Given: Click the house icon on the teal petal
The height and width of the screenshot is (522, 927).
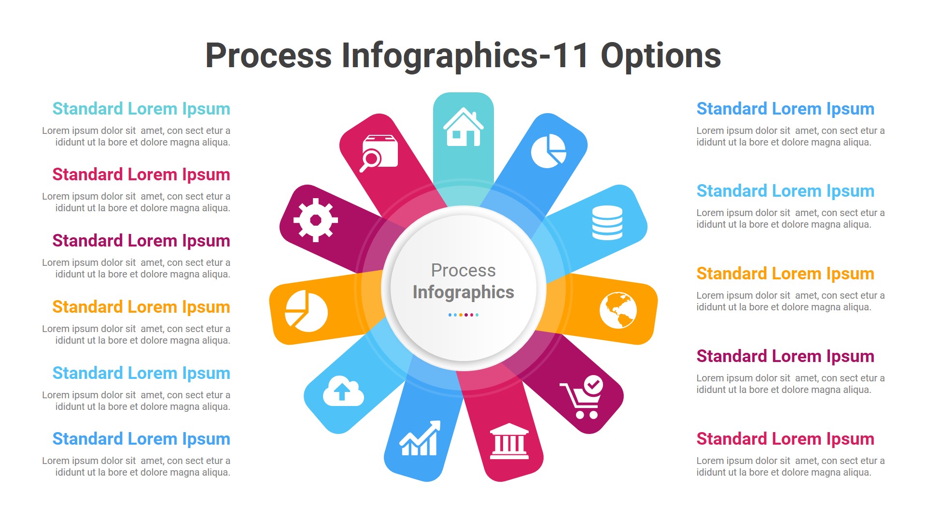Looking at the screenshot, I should point(463,127).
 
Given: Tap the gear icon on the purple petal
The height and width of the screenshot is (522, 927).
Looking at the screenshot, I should point(316,220).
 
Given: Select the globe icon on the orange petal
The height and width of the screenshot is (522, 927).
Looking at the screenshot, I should point(618,310).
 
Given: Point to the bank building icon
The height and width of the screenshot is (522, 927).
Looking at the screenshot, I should point(509,441).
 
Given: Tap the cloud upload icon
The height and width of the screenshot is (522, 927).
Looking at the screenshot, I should point(343,391).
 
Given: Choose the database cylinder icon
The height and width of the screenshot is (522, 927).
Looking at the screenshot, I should point(607,223).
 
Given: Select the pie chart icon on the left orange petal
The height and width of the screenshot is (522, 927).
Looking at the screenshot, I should point(306,311).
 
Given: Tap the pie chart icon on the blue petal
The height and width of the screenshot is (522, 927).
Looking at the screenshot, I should point(548,151).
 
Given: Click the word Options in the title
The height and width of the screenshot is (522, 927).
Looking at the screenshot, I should point(660,56).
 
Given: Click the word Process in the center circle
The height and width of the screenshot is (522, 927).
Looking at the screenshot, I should point(463,270).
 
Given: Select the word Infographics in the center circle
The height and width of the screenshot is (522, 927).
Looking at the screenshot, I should point(463,292).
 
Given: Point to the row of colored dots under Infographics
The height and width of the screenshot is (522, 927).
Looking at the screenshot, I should point(463,315).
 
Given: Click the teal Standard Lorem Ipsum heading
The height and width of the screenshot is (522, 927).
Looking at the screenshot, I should point(141,109).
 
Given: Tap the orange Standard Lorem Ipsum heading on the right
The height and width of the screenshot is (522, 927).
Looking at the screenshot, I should point(785,274).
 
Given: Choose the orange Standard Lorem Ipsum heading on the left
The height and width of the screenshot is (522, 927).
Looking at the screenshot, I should point(141,307).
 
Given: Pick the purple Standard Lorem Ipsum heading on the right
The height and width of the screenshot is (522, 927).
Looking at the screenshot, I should point(785,356).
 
